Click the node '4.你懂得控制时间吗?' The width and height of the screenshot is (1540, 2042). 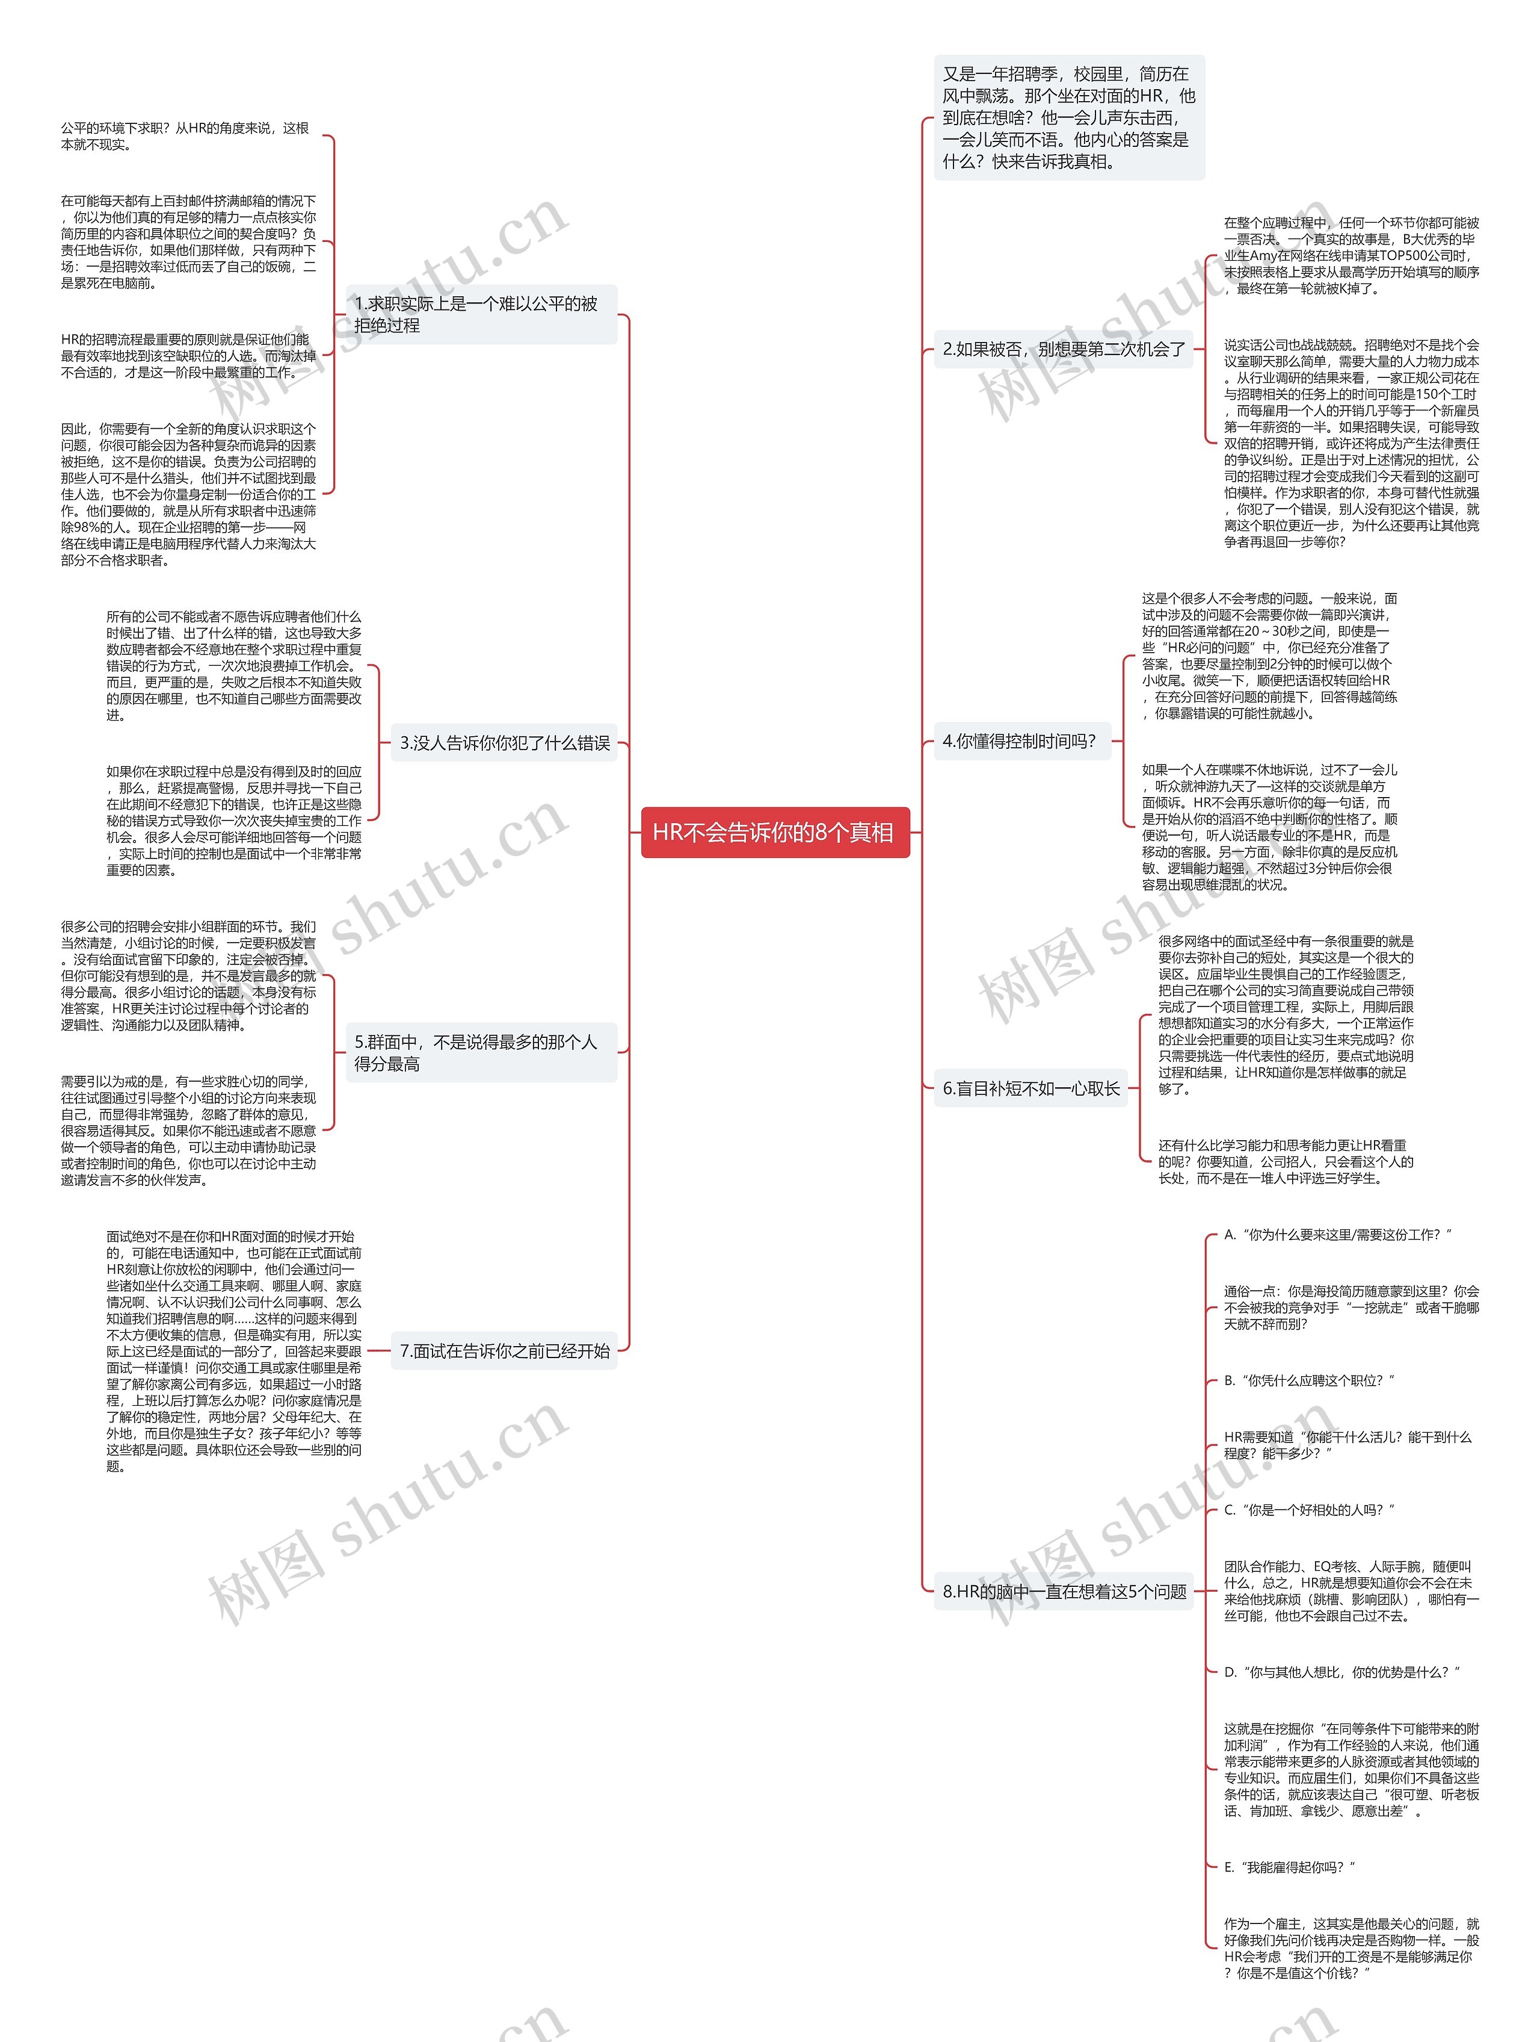[x=1020, y=740]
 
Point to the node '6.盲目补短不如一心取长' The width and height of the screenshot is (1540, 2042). [x=1030, y=1088]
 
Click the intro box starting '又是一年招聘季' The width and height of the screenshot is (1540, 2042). [x=1068, y=117]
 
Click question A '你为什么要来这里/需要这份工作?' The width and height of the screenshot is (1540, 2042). [x=1337, y=1234]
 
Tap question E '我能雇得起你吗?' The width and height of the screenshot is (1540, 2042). [x=1289, y=1867]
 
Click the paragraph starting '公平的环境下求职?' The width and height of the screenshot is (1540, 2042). [x=185, y=135]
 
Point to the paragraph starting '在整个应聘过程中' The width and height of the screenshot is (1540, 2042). [x=1351, y=255]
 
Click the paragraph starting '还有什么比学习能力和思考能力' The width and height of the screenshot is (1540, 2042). [x=1286, y=1161]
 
